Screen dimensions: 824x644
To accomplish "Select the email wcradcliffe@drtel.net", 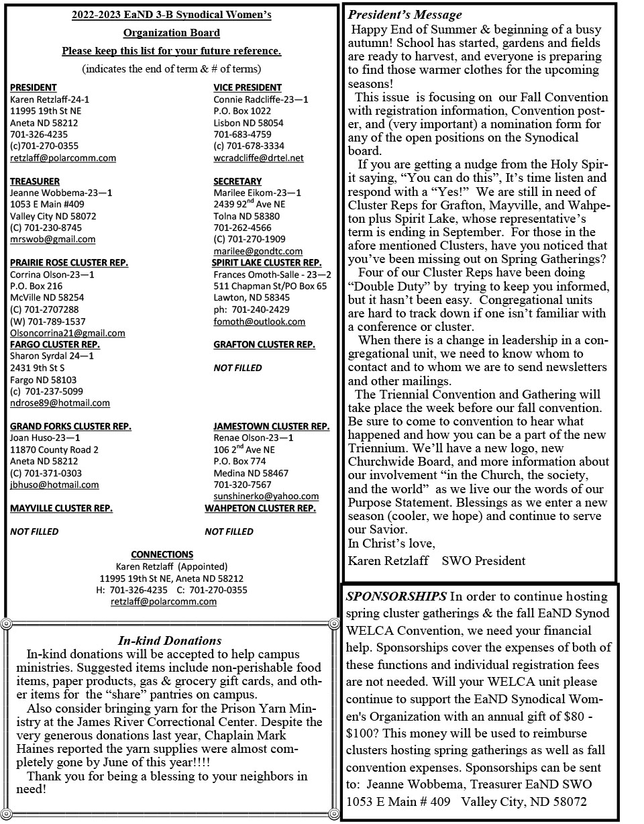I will point(258,158).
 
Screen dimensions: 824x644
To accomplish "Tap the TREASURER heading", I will point(34,181).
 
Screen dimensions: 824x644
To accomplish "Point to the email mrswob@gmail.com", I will point(52,240).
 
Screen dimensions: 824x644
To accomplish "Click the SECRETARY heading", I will point(237,181).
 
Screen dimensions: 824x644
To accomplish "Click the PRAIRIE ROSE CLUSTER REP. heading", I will point(68,262).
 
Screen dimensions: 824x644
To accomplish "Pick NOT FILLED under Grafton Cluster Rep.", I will point(237,368).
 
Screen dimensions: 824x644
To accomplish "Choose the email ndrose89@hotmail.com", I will point(60,403).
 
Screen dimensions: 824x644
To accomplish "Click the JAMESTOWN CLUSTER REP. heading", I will point(271,426).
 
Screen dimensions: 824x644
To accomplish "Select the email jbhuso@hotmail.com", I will point(54,485).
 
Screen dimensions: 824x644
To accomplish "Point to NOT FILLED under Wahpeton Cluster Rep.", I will point(229,531).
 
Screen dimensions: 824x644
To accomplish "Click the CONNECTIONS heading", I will point(162,554).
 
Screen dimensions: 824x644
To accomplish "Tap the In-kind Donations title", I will point(169,641).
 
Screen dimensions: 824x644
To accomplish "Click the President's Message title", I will point(405,15).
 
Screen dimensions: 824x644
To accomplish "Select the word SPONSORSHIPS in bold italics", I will point(396,597).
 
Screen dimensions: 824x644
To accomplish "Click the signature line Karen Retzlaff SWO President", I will point(437,560).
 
